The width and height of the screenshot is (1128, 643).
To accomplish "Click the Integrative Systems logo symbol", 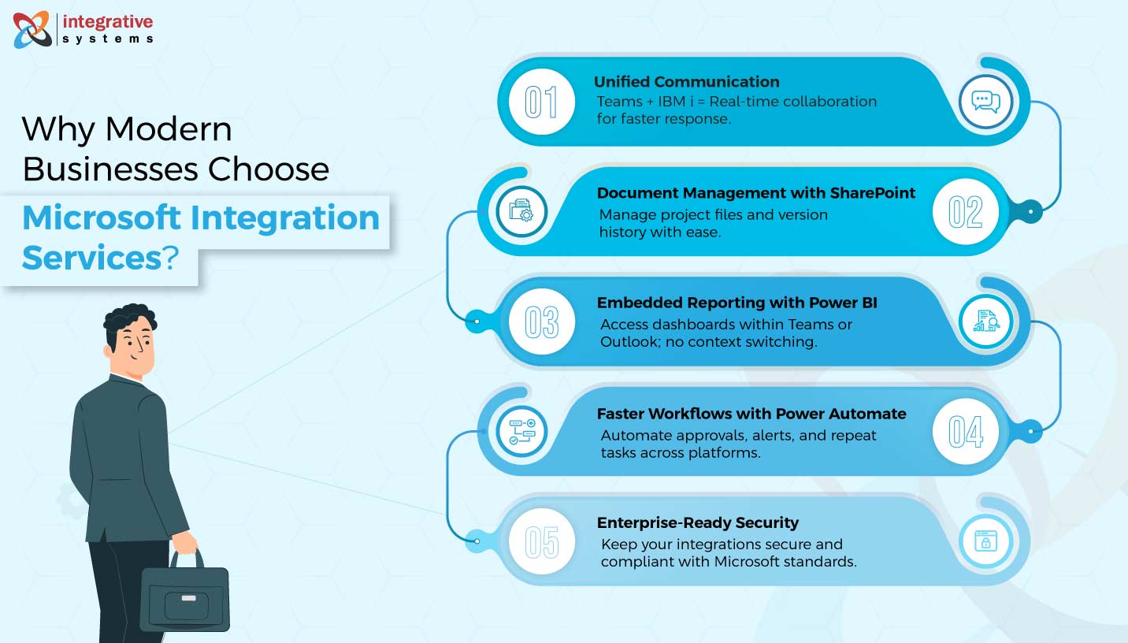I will [32, 29].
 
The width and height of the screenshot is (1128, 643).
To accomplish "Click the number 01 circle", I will [541, 102].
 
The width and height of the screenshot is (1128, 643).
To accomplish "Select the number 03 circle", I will [541, 322].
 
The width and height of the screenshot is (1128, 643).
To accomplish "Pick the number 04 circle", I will [966, 432].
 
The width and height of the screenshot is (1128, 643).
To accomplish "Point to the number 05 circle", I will [541, 542].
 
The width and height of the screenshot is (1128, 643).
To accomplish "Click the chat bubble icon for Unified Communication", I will [985, 102].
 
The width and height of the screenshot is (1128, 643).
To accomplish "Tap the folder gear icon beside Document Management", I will [521, 211].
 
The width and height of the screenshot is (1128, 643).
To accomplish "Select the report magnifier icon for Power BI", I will [985, 321].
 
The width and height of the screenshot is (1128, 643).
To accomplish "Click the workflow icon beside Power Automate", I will [521, 432].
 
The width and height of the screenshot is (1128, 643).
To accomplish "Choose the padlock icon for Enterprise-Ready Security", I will [985, 541].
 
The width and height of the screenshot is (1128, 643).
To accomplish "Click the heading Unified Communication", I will [686, 81].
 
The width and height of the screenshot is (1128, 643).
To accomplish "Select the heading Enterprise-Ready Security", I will [697, 522].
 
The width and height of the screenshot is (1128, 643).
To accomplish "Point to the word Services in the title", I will [91, 258].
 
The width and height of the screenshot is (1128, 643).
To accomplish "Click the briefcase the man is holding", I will [185, 598].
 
